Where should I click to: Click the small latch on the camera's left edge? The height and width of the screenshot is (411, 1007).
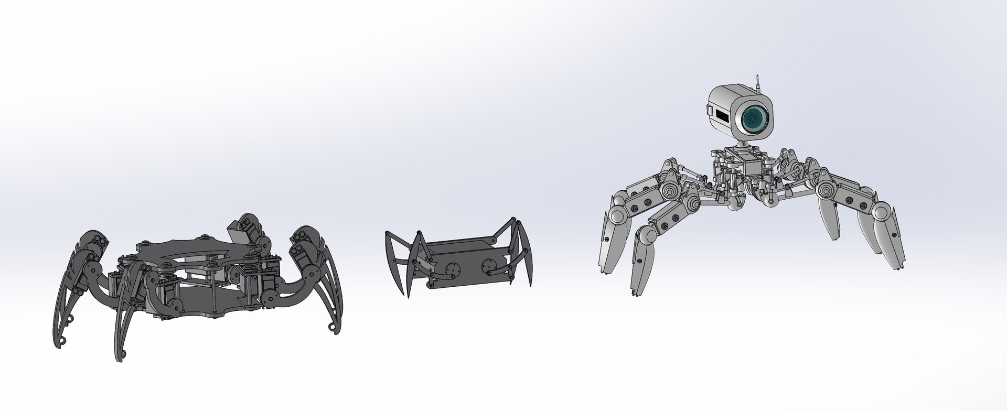710,111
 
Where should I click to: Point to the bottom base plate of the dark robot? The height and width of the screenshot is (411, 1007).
199,304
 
